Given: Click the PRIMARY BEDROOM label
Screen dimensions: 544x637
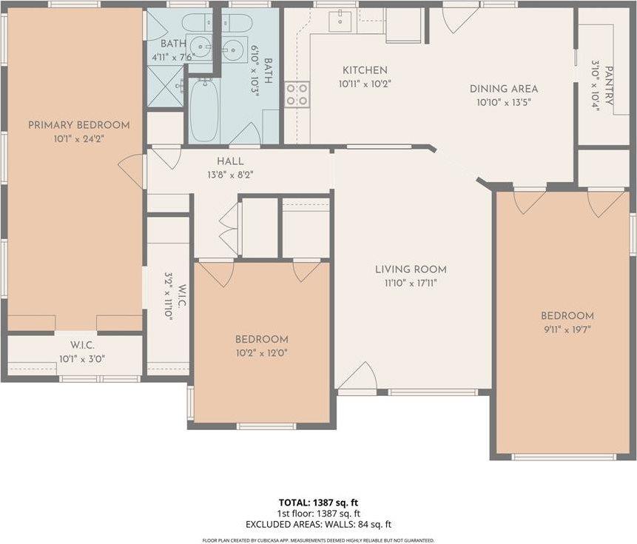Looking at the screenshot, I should [78, 125].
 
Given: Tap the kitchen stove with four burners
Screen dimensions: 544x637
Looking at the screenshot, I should [297, 95].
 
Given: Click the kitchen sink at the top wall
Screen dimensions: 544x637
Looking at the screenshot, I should [342, 19].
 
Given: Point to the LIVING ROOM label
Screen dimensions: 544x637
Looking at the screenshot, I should [411, 269].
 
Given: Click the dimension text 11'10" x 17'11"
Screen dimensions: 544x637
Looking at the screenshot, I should [411, 283].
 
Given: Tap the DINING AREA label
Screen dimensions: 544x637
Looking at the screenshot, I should [504, 89].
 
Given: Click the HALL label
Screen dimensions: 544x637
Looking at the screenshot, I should [230, 161].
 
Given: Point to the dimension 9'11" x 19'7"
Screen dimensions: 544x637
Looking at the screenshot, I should [567, 329].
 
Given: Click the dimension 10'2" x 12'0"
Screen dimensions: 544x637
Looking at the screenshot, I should [261, 353].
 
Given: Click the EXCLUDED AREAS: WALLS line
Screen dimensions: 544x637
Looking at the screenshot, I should [318, 525].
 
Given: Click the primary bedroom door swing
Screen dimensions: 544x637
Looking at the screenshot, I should [132, 171].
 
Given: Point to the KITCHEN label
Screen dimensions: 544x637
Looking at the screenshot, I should [364, 70].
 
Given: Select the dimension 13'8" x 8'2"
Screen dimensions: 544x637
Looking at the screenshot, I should [230, 175].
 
